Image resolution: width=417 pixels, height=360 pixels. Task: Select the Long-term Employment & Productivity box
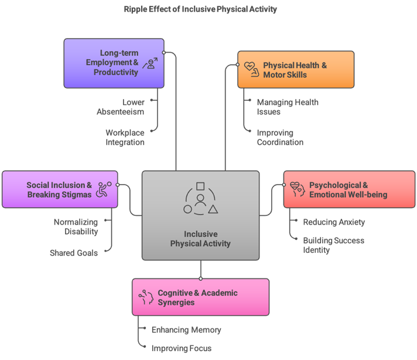tap(114, 63)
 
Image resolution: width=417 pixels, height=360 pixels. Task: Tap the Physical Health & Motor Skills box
tap(295, 70)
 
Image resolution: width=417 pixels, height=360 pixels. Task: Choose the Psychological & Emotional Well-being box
tap(349, 189)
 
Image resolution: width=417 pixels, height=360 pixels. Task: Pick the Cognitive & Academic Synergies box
tap(200, 297)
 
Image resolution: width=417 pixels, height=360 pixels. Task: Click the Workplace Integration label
tap(125, 137)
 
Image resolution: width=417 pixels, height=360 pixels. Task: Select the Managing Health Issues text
tap(288, 107)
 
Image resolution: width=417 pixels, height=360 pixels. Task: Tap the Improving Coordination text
tap(280, 137)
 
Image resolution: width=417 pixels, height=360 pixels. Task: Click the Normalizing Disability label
tap(76, 226)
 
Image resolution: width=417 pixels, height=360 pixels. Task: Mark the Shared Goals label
tap(74, 253)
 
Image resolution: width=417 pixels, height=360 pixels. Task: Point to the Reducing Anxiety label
tap(334, 222)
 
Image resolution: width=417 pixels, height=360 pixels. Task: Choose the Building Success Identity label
tap(333, 245)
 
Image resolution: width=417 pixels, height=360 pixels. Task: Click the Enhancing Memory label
tap(186, 330)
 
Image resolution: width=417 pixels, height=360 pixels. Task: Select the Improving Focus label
tap(182, 348)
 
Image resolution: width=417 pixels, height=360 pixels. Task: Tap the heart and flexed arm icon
tap(251, 69)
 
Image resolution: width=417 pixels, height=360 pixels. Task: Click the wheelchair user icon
tap(104, 189)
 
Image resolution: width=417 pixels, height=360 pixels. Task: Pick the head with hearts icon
tap(297, 189)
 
